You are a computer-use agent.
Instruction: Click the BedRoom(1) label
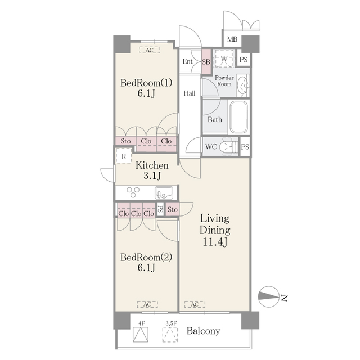(x=146, y=83)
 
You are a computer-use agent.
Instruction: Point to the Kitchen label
(x=151, y=165)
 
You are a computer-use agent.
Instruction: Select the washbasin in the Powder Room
(x=242, y=85)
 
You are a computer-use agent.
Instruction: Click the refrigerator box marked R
(x=123, y=156)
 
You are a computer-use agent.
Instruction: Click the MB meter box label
(x=232, y=40)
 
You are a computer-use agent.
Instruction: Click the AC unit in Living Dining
(x=194, y=304)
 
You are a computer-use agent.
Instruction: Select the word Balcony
(x=203, y=331)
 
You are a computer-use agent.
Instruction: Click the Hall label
(x=190, y=93)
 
